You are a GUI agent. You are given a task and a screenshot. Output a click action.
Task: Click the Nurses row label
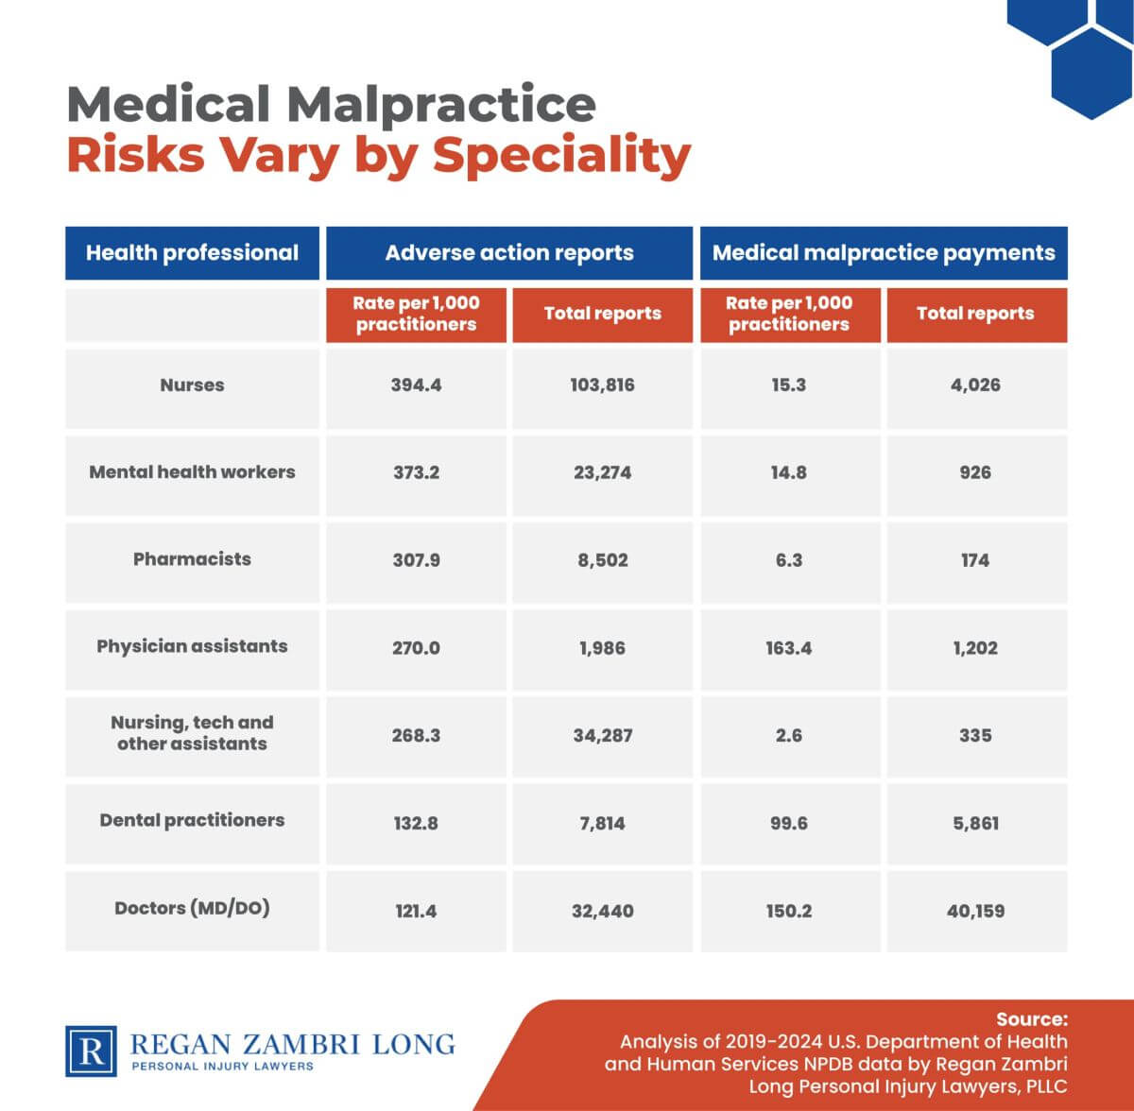[x=192, y=385]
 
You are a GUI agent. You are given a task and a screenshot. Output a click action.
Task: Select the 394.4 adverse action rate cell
[x=416, y=385]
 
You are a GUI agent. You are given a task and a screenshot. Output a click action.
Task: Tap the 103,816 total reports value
[x=602, y=385]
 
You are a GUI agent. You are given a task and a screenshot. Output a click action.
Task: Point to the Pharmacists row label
[x=192, y=559]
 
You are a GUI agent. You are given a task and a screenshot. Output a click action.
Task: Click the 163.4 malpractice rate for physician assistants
[x=788, y=648]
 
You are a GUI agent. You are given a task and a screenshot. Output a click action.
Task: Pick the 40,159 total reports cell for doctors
[x=975, y=912]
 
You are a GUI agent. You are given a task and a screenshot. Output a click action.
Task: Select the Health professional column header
[x=192, y=253]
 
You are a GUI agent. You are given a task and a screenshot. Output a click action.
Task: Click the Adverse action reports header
[x=509, y=253]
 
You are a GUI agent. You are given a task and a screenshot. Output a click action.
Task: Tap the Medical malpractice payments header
[x=884, y=253]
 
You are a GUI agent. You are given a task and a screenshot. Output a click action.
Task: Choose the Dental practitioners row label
[x=192, y=821]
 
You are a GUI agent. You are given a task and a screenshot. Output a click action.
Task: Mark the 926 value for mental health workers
[x=975, y=472]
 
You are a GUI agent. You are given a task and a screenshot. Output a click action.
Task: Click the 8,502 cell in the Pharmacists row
[x=602, y=560]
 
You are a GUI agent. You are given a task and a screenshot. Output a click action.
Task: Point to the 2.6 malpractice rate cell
[x=788, y=735]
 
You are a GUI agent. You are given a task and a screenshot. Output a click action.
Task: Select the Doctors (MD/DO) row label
[x=192, y=909]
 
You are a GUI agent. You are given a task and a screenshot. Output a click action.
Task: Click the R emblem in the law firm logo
[x=92, y=1051]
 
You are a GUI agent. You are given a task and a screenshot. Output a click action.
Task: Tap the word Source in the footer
[x=1031, y=1019]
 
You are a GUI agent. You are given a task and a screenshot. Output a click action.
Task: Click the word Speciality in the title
[x=562, y=156]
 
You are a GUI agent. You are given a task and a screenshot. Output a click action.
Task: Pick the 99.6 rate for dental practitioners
[x=788, y=823]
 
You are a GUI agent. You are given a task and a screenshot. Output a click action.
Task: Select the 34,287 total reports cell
[x=602, y=735]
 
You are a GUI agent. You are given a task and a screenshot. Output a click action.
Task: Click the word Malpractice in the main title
[x=441, y=104]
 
